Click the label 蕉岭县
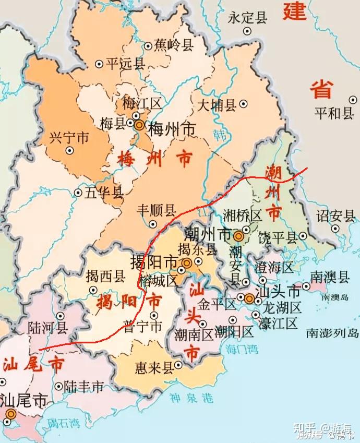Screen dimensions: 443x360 click(174, 46)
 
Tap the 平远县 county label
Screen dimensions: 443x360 click(125, 64)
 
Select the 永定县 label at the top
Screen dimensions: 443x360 click(247, 18)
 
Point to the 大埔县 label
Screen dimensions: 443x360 click(216, 105)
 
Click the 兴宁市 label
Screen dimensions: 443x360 click(69, 138)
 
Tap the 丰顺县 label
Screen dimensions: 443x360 click(156, 210)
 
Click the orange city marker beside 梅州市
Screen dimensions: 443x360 click(139, 125)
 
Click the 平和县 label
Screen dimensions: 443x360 click(334, 113)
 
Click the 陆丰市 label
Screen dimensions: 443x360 click(83, 387)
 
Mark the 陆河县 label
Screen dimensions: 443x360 click(47, 327)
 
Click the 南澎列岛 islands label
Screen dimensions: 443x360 click(332, 332)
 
